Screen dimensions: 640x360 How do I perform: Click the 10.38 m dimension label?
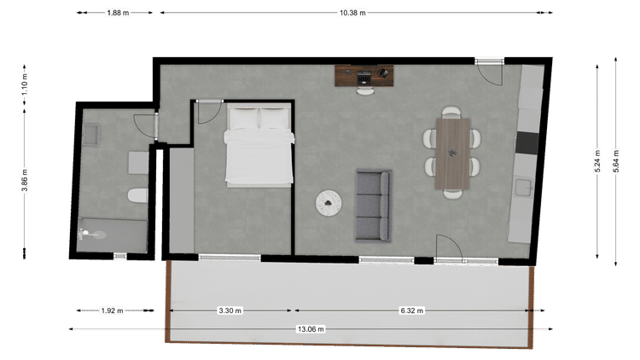[x=352, y=13]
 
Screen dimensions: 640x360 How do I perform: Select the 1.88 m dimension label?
[x=118, y=13]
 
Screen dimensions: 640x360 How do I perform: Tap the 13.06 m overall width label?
[x=311, y=329]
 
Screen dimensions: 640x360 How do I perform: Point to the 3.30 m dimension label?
[x=230, y=311]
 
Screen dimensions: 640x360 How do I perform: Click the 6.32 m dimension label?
[x=411, y=311]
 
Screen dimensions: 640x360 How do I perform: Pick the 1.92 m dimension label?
[x=113, y=311]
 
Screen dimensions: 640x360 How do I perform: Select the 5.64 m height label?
[x=616, y=161]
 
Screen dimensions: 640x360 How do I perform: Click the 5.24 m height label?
[x=597, y=161]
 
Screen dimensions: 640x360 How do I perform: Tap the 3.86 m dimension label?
[x=25, y=180]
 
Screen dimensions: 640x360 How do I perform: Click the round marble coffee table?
[x=329, y=202]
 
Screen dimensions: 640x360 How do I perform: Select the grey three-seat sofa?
[x=373, y=206]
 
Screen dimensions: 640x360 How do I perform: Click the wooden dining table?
[x=452, y=154]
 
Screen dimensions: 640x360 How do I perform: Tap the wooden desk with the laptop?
[x=364, y=76]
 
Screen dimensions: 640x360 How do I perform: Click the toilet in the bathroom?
[x=137, y=196]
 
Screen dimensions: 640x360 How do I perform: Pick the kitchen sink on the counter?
[x=523, y=187]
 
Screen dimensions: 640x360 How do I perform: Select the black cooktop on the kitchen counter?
[x=527, y=142]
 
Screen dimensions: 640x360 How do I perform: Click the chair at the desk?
[x=365, y=91]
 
